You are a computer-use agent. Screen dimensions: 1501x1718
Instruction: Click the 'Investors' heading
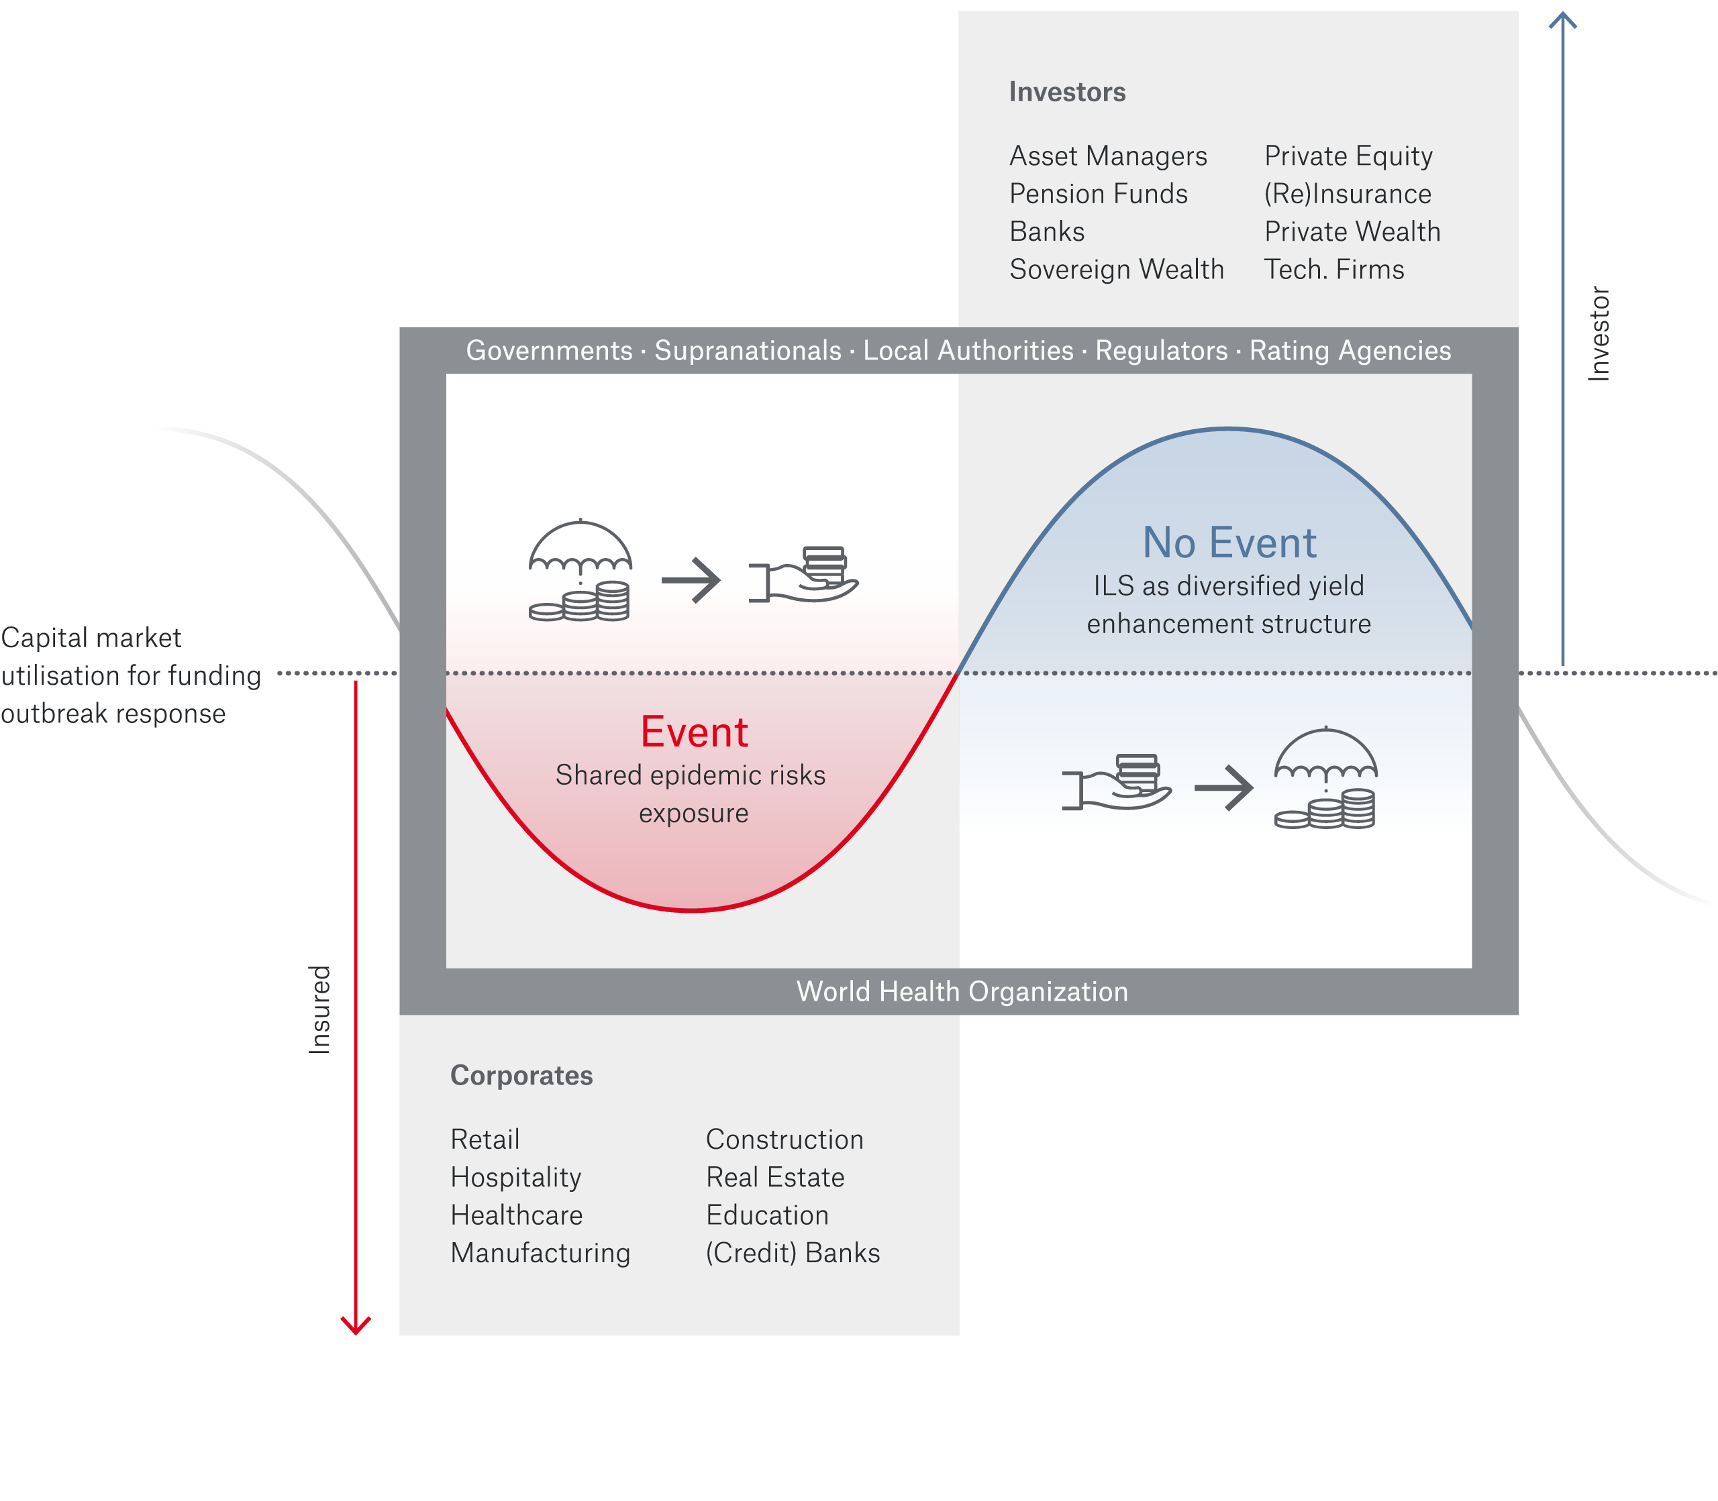[x=1067, y=92]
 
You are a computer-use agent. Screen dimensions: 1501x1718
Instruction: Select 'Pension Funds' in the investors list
[x=1098, y=194]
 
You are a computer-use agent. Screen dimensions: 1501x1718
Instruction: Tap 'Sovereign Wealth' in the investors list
[x=1116, y=270]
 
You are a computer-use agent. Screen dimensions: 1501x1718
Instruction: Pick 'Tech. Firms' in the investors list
[x=1333, y=270]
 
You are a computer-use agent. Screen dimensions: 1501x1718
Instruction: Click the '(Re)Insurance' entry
[x=1348, y=194]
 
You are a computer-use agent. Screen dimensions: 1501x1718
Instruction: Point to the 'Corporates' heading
[x=521, y=1076]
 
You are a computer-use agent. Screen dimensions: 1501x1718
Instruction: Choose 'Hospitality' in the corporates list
[x=515, y=1178]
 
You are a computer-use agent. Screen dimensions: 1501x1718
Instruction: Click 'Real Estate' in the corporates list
[x=774, y=1178]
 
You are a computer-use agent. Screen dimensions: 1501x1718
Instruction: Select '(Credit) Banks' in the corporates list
[x=792, y=1253]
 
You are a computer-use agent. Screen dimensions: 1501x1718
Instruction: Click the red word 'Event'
[x=694, y=732]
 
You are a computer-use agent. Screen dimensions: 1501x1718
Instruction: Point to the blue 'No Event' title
[x=1229, y=543]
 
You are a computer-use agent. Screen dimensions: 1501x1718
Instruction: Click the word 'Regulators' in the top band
[x=1161, y=351]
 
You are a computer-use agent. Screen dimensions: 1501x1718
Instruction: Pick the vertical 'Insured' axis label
[x=320, y=1009]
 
